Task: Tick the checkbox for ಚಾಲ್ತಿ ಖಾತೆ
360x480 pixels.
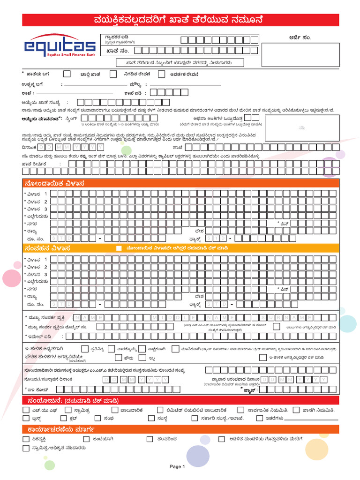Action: [67, 74]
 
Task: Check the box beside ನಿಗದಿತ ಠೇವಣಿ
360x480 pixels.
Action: [113, 74]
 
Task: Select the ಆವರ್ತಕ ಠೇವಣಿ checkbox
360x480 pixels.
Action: [162, 74]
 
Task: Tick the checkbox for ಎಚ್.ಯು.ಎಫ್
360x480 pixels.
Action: [26, 410]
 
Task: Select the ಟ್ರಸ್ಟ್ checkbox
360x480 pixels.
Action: [26, 418]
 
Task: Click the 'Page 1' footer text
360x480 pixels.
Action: [178, 466]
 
